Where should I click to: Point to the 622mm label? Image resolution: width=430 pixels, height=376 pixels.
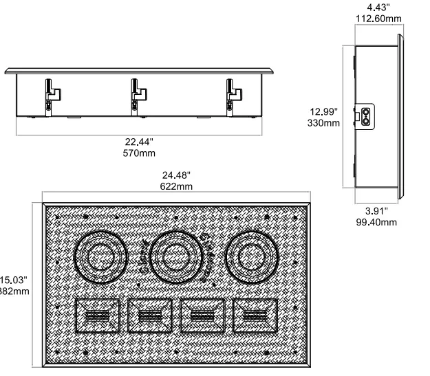tap(175, 186)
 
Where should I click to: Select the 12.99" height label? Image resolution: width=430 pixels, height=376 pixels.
tap(323, 111)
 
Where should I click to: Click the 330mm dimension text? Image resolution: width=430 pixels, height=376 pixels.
tap(323, 123)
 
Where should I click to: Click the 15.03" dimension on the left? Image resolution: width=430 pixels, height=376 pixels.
tap(14, 280)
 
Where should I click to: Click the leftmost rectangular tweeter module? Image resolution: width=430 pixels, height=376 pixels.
tap(97, 316)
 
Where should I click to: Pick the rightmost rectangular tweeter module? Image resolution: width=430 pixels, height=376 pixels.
tap(255, 316)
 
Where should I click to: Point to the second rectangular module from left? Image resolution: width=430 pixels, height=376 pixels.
tap(150, 316)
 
